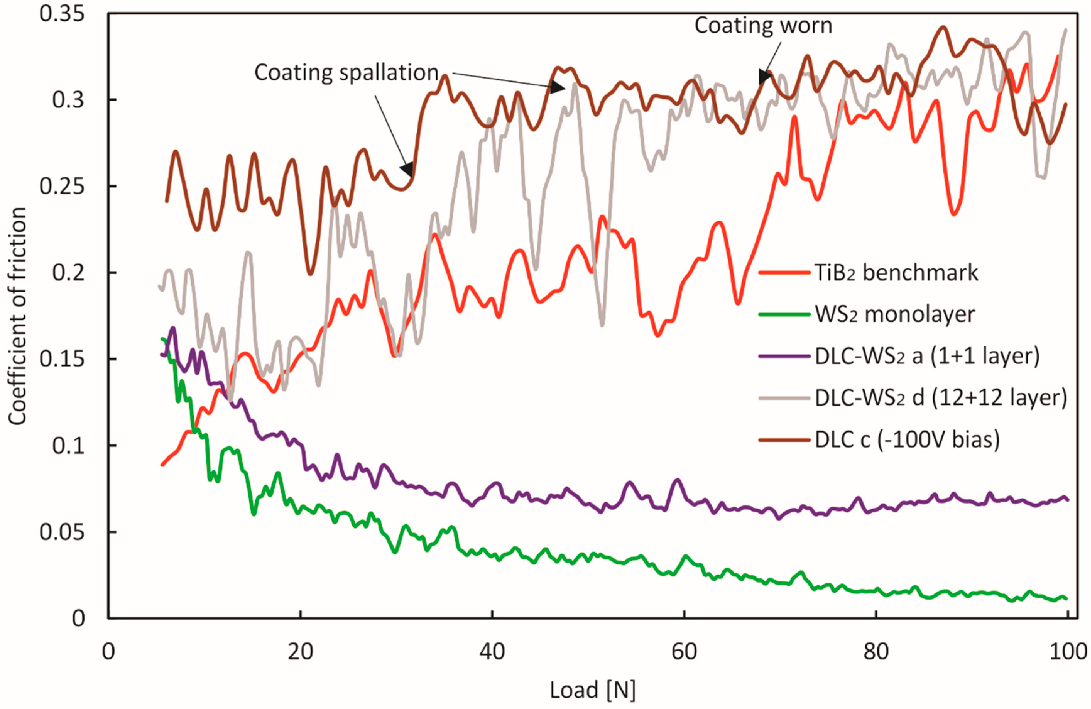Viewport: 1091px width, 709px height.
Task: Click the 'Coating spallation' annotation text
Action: coord(346,73)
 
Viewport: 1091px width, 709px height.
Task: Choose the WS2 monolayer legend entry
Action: coord(894,314)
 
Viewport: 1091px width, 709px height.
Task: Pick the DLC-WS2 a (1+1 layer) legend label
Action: coord(927,356)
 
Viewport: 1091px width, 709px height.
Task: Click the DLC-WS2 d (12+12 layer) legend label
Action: coord(941,398)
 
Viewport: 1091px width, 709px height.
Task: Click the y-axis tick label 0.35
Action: coord(62,14)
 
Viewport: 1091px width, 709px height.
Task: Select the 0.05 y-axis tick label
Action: coord(62,532)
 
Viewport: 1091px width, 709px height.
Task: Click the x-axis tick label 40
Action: coord(492,651)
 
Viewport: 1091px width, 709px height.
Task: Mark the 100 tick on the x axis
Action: coord(1067,651)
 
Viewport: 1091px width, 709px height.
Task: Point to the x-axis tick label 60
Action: coord(684,651)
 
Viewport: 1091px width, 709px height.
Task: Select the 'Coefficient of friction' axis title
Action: coord(17,316)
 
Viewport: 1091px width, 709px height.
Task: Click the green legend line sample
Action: coord(784,314)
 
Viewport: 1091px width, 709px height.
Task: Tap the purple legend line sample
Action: coord(784,356)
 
